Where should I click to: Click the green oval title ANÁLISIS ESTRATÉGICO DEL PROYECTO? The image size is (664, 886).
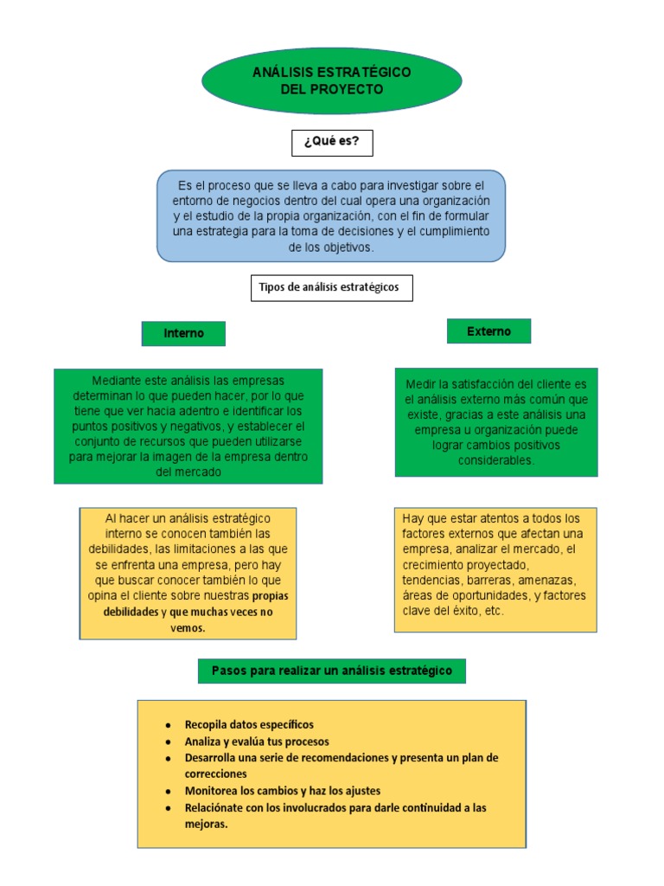[x=331, y=80]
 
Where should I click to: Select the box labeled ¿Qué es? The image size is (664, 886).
[x=332, y=142]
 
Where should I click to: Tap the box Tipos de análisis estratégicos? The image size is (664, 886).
[x=331, y=287]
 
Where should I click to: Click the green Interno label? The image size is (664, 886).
[x=183, y=333]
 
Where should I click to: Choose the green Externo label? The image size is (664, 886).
[x=488, y=331]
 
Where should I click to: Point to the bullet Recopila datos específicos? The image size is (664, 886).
[x=249, y=724]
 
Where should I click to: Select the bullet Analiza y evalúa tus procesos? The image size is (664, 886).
[x=257, y=742]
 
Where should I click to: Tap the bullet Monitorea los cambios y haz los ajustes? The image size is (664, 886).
[x=283, y=791]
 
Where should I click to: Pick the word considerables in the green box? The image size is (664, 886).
[x=496, y=460]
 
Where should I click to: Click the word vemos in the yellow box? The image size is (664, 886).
[x=188, y=628]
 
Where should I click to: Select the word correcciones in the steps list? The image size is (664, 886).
[x=216, y=774]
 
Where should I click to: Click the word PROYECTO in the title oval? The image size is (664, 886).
[x=349, y=89]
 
